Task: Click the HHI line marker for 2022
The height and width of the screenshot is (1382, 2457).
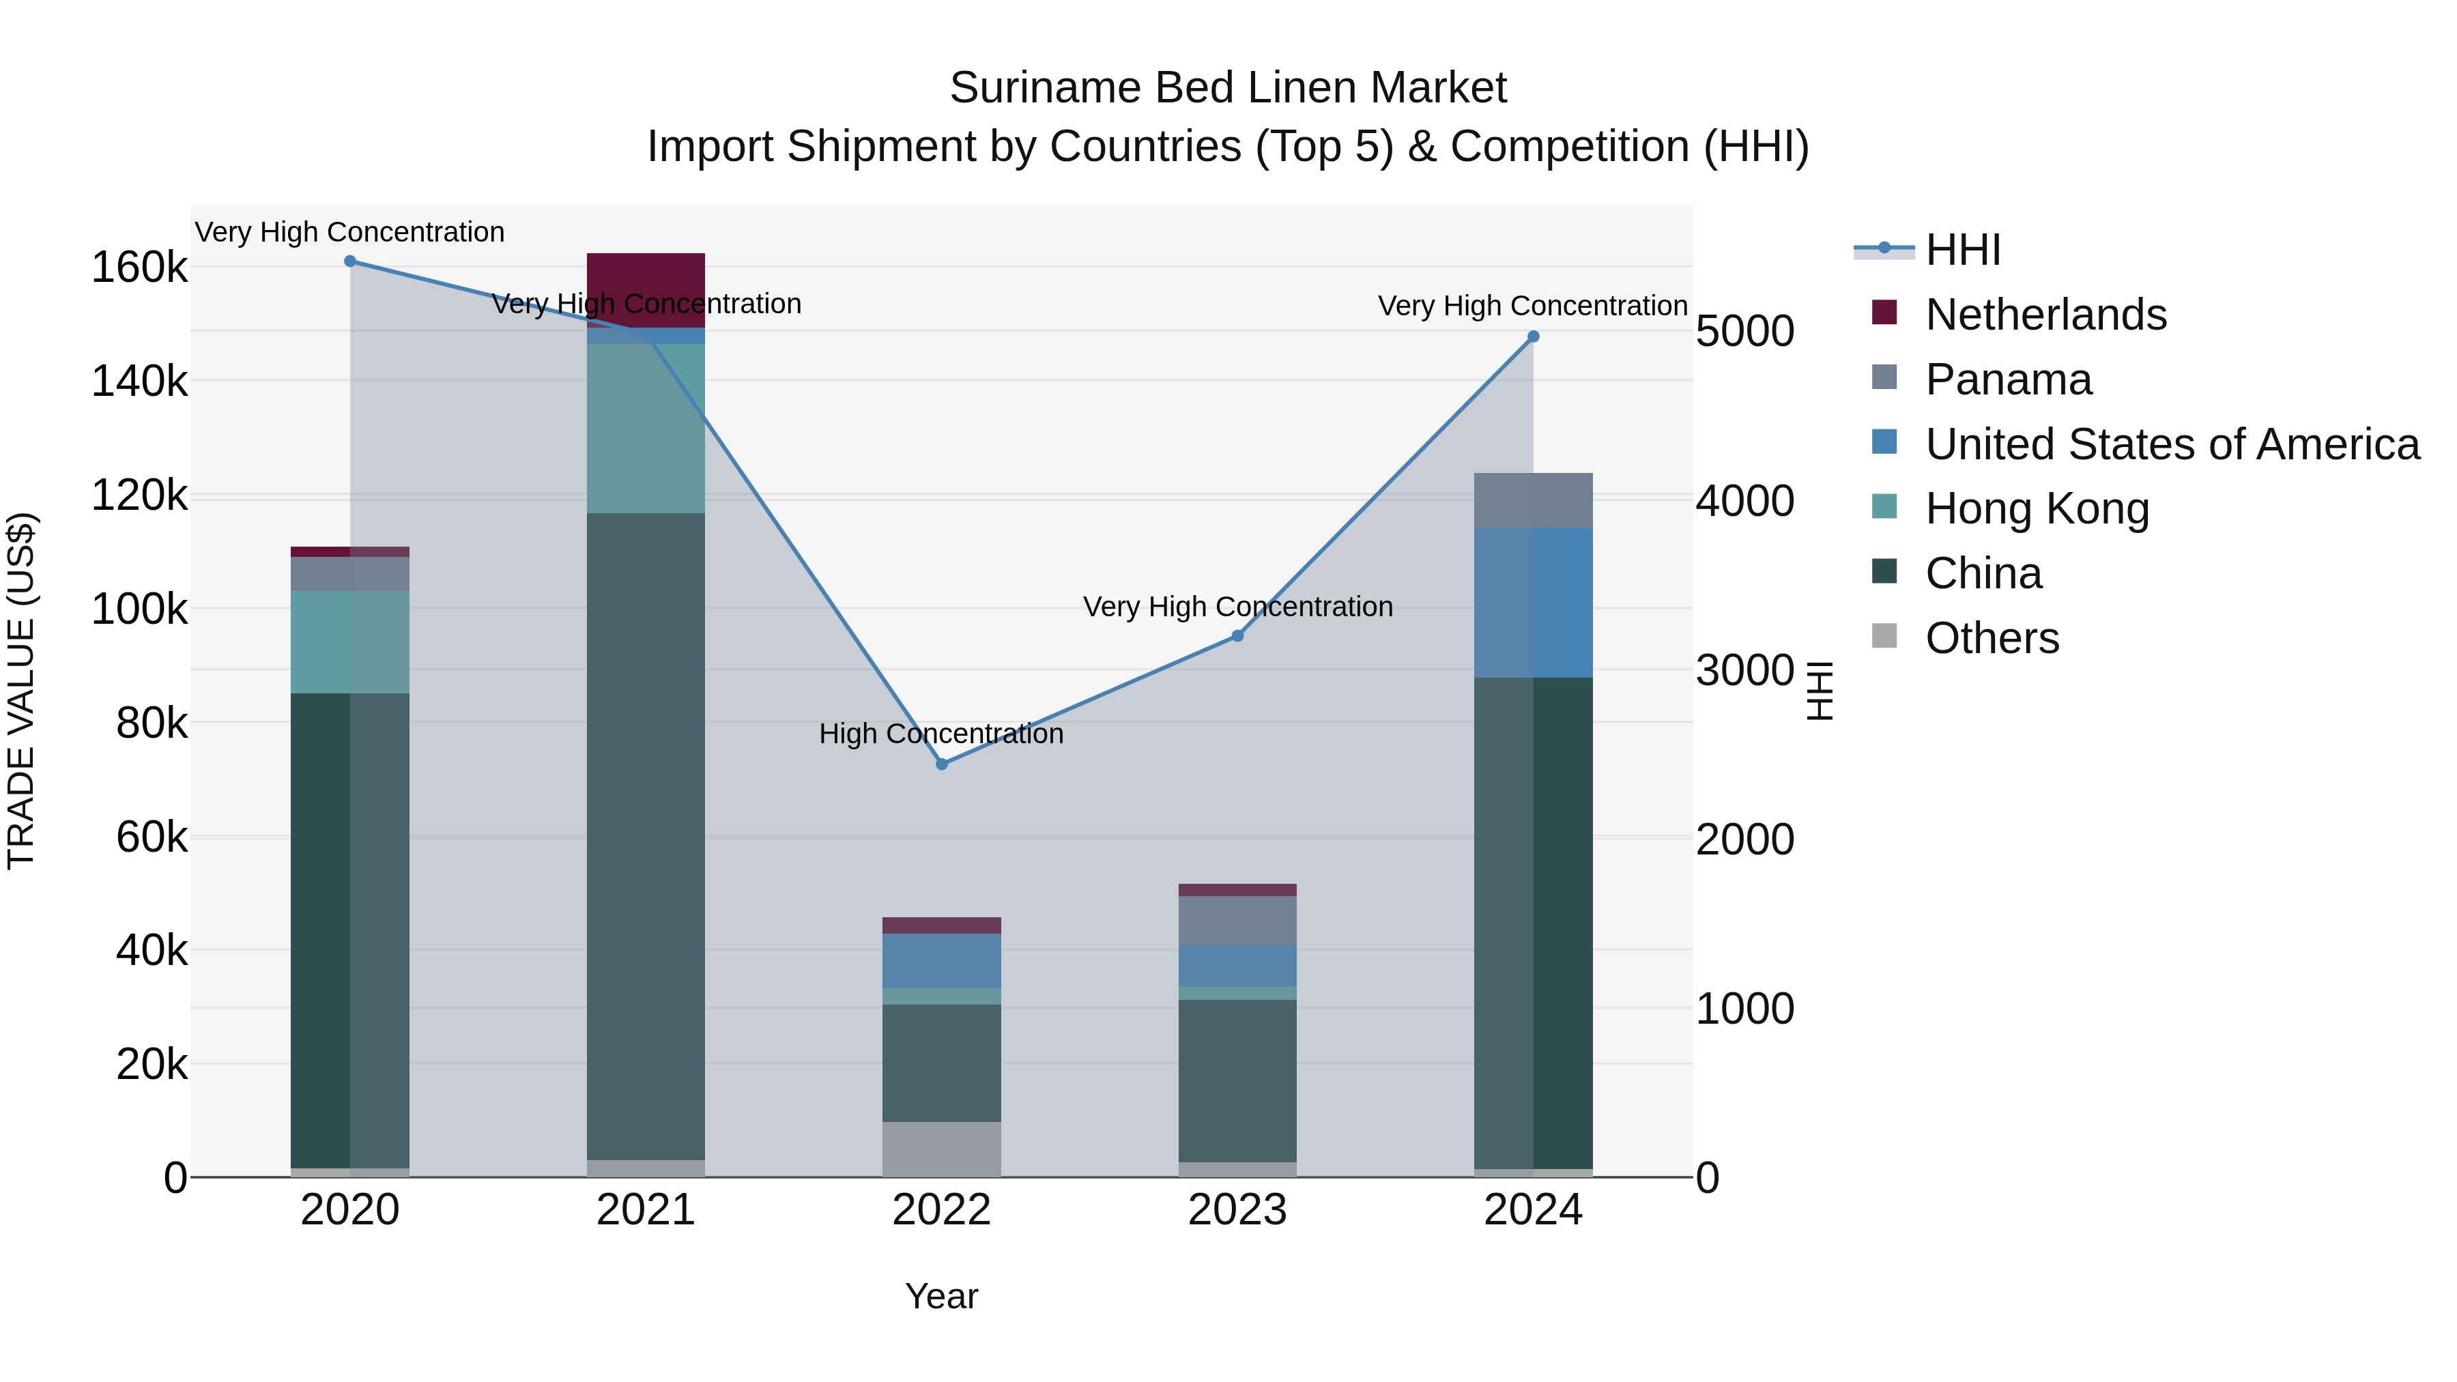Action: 941,764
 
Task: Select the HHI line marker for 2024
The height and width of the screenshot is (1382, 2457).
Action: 1533,336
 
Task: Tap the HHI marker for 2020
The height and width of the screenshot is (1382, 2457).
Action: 350,261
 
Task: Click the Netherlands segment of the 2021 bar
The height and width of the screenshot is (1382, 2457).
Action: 646,290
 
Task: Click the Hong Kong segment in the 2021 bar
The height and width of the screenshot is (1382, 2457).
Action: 646,428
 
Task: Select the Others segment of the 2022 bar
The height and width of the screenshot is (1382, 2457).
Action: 941,1149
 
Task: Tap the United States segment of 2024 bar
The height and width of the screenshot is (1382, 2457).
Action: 1533,602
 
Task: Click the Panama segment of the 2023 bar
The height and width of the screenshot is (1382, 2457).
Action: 1237,921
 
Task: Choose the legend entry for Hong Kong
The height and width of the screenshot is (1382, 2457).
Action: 2037,508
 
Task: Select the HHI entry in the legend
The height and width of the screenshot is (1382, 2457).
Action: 1962,250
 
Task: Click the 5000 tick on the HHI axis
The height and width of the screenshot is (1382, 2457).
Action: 1744,332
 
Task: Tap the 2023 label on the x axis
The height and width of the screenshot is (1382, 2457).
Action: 1237,1210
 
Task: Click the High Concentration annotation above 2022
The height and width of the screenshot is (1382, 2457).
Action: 941,734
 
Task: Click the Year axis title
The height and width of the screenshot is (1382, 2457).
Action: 941,1296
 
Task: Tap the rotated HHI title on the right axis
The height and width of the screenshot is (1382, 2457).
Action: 1820,691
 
